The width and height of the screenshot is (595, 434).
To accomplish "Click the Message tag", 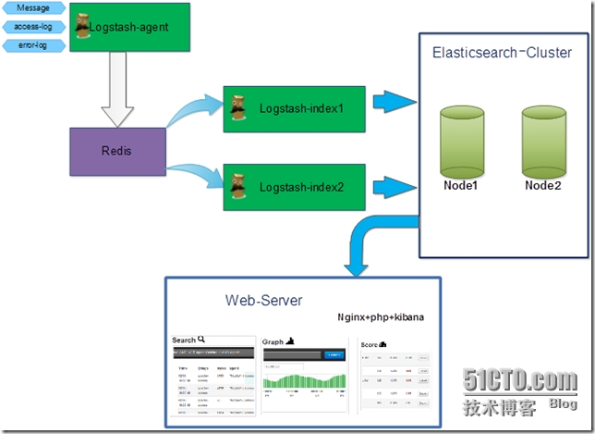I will [x=33, y=8].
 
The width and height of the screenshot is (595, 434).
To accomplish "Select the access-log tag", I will [x=33, y=26].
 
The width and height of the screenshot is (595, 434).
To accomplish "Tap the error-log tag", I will [x=33, y=43].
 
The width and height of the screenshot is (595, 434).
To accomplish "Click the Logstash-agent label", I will [x=129, y=28].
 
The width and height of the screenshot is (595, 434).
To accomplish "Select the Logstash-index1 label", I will [x=301, y=108].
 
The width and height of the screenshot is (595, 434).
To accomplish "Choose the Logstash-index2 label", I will [x=301, y=187].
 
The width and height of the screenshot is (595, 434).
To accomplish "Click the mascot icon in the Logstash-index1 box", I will [x=238, y=105].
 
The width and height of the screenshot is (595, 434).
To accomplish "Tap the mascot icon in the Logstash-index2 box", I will [x=238, y=183].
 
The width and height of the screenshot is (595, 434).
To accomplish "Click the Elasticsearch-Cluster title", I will [x=501, y=53].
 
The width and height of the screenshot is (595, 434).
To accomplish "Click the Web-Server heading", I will [x=263, y=301].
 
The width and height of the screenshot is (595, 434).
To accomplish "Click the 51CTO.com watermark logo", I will [x=522, y=380].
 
